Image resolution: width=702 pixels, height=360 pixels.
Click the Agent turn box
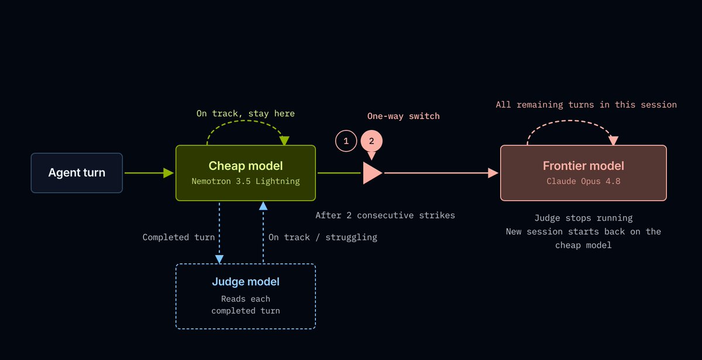(x=77, y=173)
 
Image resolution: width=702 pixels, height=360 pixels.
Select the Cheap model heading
(x=246, y=166)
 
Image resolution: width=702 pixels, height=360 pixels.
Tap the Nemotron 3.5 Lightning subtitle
(x=246, y=181)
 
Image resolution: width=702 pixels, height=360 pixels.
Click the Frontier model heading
(x=583, y=166)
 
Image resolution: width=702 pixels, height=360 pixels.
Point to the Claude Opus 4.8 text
(x=583, y=181)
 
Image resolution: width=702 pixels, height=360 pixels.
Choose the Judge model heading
(x=246, y=282)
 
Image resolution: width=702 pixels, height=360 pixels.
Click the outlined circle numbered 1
(x=346, y=141)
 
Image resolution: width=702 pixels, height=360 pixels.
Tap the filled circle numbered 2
(x=371, y=141)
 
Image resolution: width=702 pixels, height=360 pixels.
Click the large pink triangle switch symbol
(x=372, y=173)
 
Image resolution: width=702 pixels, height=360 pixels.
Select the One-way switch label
(x=403, y=116)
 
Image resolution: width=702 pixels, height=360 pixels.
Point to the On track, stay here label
(x=245, y=114)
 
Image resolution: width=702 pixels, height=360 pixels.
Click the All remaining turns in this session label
(x=586, y=105)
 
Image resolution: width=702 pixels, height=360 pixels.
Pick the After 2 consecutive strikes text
(x=385, y=215)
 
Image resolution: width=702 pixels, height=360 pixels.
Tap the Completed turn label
(x=178, y=238)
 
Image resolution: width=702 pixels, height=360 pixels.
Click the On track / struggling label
(x=323, y=238)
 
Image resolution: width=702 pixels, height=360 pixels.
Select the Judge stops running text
(x=583, y=218)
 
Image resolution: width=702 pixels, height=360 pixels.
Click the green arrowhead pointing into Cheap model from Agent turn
(x=168, y=173)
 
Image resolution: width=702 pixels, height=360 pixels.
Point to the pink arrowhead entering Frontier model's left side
(x=493, y=173)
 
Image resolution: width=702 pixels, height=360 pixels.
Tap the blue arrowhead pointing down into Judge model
(x=219, y=259)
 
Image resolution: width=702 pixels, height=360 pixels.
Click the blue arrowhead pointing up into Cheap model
(x=263, y=205)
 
